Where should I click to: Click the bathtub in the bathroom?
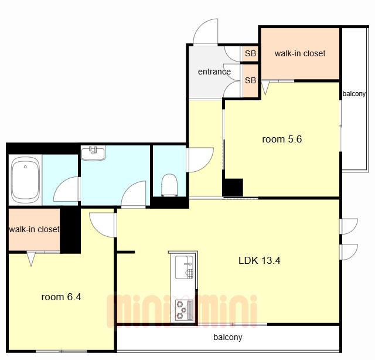click(x=25, y=180)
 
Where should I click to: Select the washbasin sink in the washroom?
click(x=93, y=153)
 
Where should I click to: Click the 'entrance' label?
click(x=214, y=72)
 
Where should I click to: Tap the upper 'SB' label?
click(x=250, y=53)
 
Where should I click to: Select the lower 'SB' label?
click(x=250, y=80)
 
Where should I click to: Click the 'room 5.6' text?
click(x=282, y=139)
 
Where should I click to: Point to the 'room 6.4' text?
click(x=61, y=297)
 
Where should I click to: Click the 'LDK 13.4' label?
click(x=259, y=260)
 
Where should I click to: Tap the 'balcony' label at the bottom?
click(x=228, y=337)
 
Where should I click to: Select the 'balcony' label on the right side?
click(x=354, y=94)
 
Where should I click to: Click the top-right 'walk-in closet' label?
click(x=300, y=53)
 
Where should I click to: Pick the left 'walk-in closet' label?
click(x=34, y=229)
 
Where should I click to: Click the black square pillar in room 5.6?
click(x=233, y=188)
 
